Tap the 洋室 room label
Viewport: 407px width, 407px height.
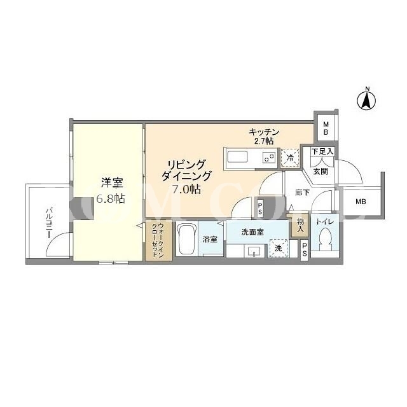click(112, 183)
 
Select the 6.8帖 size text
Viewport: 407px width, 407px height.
click(111, 199)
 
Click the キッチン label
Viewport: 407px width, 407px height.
click(264, 132)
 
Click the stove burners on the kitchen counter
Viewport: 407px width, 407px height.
click(268, 157)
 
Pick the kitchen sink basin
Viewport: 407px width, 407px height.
click(237, 158)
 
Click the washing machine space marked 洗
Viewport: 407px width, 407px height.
click(279, 249)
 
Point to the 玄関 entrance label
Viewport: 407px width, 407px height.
click(321, 171)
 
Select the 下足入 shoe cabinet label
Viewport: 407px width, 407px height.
click(322, 151)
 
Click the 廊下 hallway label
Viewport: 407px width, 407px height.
click(303, 193)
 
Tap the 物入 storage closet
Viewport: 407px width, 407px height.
click(300, 225)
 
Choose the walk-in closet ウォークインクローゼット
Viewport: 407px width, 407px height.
click(158, 240)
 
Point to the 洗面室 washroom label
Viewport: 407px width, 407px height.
click(252, 232)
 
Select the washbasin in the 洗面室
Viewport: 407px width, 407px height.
click(254, 251)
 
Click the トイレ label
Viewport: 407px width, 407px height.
click(325, 222)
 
